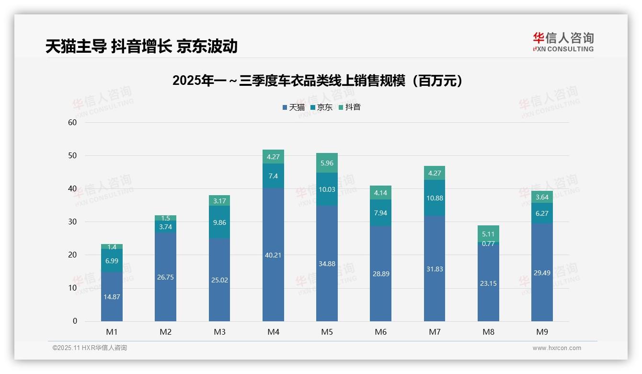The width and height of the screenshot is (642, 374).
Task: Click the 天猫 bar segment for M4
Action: click(273, 255)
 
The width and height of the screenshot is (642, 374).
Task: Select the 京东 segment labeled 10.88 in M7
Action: click(435, 198)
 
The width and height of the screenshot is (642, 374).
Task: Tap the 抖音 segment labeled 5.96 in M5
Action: click(327, 163)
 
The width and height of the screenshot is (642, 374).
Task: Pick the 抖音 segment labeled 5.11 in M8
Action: click(488, 234)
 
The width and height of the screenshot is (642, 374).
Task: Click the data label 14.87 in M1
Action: click(112, 297)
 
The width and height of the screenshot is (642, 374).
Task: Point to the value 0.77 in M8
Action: click(488, 244)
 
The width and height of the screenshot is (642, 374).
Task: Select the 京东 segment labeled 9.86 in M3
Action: click(219, 222)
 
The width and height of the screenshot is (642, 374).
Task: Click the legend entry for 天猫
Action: click(294, 107)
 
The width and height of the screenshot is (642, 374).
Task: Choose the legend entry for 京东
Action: click(321, 107)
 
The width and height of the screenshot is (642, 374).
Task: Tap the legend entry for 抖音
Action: click(350, 107)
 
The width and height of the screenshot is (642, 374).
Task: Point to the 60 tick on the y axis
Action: click(72, 122)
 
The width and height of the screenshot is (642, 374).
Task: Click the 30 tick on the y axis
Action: click(72, 222)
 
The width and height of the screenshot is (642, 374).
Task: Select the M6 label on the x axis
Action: click(381, 332)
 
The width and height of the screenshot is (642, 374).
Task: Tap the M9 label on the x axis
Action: click(542, 332)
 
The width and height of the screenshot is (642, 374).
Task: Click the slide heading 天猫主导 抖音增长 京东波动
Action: click(141, 46)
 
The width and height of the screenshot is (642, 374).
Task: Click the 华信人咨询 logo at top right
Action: click(563, 42)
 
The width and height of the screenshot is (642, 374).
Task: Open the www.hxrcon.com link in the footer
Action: click(557, 348)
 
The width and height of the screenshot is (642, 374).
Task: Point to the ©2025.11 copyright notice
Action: click(90, 348)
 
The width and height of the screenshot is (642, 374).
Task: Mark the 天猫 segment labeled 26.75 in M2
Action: click(165, 277)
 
